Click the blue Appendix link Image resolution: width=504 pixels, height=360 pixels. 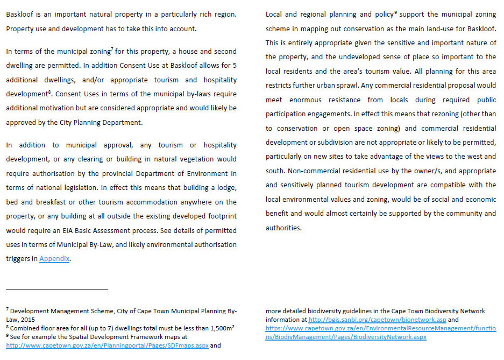coord(54,259)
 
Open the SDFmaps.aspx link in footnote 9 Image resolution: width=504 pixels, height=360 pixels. coord(107,345)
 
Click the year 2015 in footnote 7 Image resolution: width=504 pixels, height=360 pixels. coord(27,319)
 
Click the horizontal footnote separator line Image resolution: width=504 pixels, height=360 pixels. coord(57,290)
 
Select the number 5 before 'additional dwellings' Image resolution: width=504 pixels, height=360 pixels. coord(234,66)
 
